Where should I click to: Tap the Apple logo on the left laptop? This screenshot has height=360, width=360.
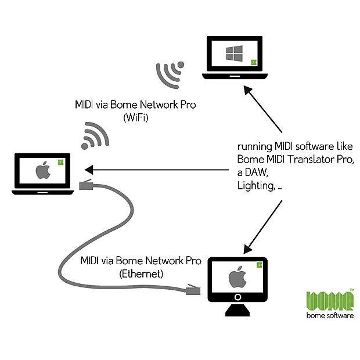click(x=42, y=171)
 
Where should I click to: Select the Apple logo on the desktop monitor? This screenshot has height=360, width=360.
click(x=236, y=277)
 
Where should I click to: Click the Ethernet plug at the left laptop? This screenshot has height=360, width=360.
click(x=85, y=185)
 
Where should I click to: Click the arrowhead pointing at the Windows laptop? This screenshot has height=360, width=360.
click(x=248, y=91)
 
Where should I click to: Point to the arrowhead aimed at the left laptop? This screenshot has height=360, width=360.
click(x=88, y=170)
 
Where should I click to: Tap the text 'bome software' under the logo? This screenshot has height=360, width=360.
click(x=330, y=316)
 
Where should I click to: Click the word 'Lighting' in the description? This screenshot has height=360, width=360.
click(x=254, y=186)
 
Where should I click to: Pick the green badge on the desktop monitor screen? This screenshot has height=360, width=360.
click(x=258, y=265)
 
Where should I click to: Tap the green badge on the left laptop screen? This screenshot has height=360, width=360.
click(x=61, y=162)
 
